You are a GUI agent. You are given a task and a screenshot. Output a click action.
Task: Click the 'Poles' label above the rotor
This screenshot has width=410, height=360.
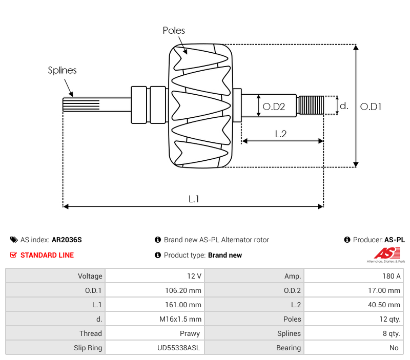174,31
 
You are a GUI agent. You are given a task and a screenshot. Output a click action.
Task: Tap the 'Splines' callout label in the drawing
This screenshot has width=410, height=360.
62,71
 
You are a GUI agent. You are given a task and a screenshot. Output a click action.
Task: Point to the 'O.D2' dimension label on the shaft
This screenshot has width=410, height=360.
274,107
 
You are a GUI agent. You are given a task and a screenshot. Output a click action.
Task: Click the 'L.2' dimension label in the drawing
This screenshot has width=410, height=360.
280,134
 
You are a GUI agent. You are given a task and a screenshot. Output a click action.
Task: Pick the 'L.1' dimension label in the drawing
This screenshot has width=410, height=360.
194,199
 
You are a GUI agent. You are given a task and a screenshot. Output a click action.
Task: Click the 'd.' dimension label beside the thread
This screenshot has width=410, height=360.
344,106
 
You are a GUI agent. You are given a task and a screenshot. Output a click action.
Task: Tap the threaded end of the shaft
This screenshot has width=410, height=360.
311,105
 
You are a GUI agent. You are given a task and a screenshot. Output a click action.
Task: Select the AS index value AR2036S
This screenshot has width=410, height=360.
67,240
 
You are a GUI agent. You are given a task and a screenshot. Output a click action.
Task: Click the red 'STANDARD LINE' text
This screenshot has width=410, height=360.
47,255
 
